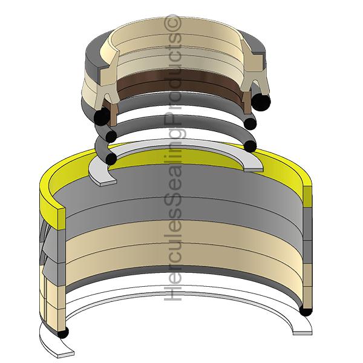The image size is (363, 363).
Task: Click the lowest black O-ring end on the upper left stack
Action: point(110,158)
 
